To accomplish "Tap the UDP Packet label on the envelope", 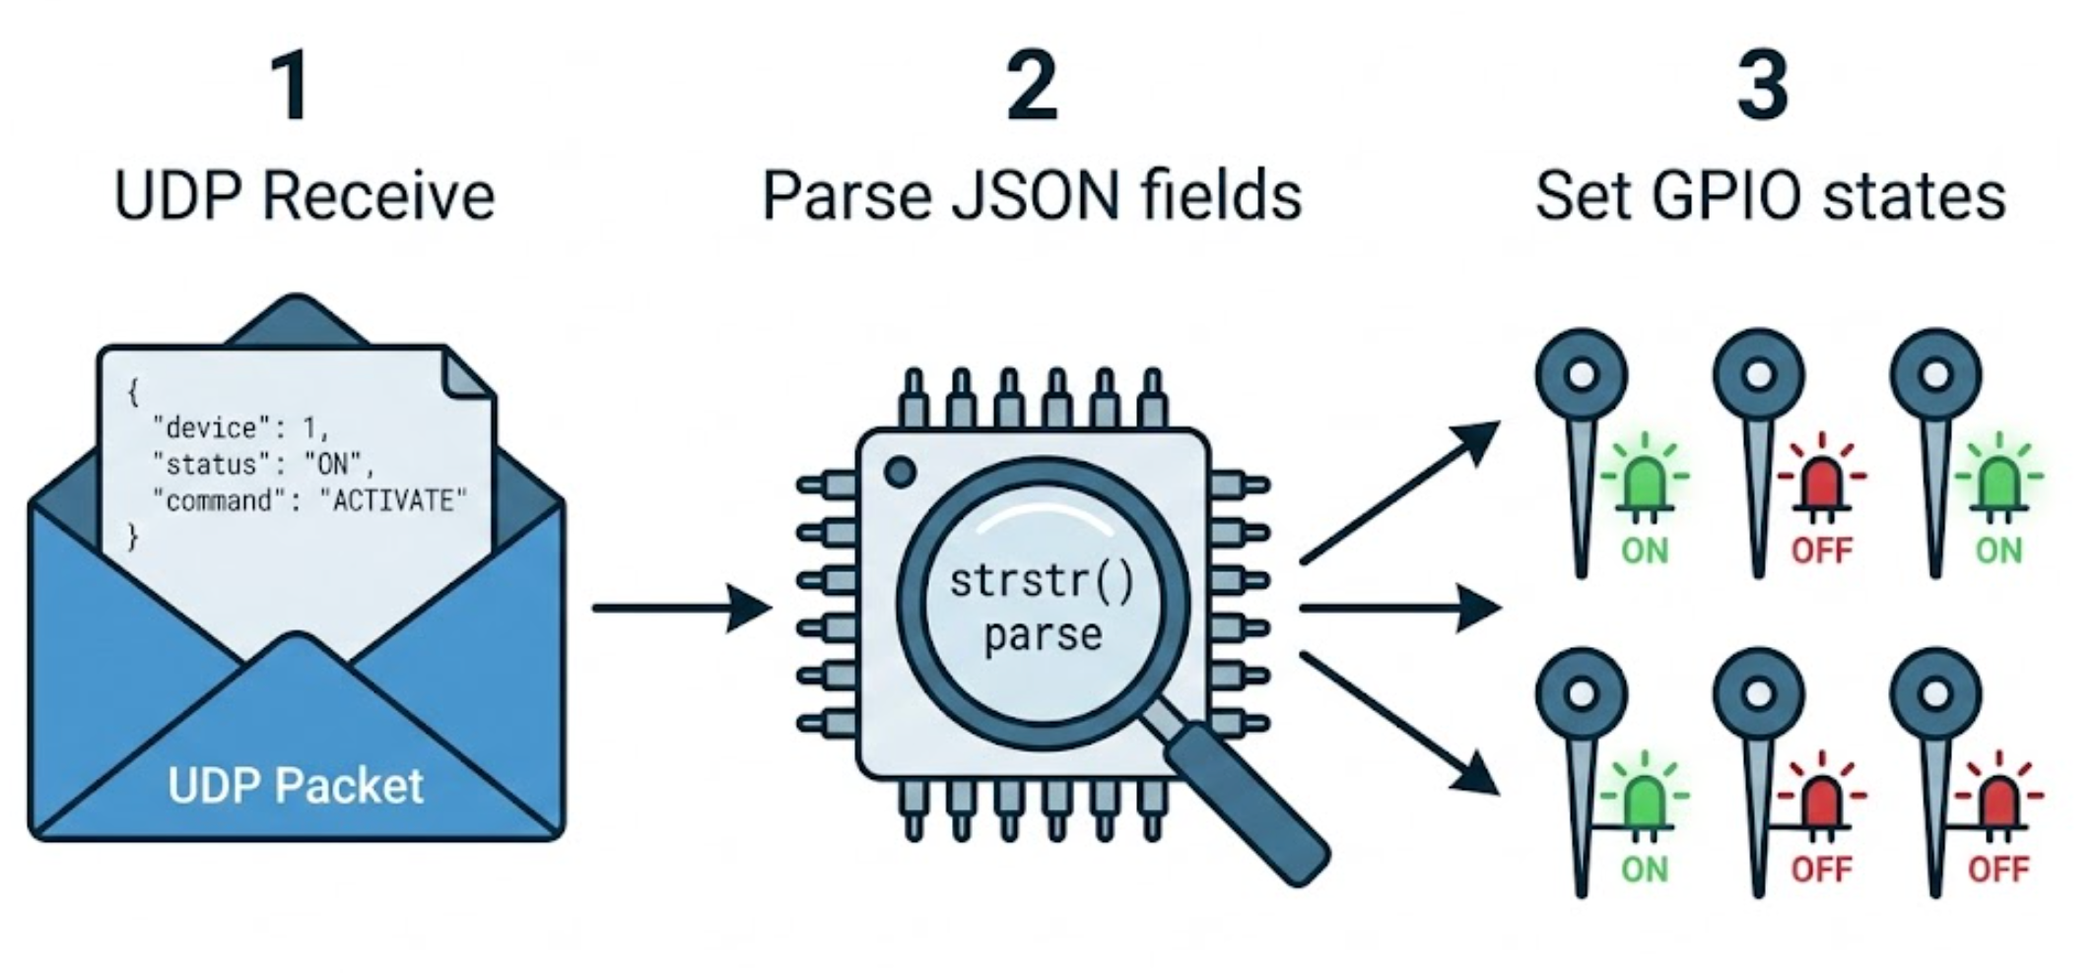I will click(296, 786).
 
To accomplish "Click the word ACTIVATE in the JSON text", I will click(393, 501).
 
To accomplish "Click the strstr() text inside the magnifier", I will click(1042, 581).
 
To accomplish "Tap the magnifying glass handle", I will click(1247, 803).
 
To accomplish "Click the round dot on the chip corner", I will click(900, 473).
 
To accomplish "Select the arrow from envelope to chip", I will click(680, 609).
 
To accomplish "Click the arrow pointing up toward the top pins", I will click(1399, 492).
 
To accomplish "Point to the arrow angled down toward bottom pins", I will click(1399, 724).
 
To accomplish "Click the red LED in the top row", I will click(1820, 483).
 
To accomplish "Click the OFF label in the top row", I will click(1821, 550).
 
